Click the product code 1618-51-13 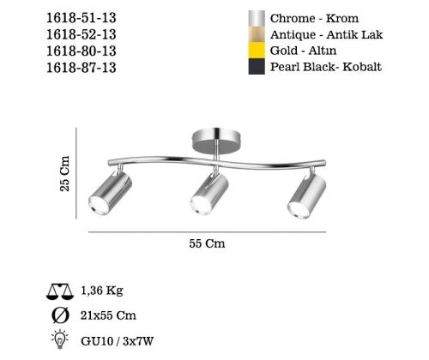82,18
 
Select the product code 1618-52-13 82,34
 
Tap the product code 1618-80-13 82,51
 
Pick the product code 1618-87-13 82,68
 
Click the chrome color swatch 257,19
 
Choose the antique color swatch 257,34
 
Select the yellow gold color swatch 257,51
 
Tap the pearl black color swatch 257,67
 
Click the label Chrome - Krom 314,18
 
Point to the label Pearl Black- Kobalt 326,67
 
